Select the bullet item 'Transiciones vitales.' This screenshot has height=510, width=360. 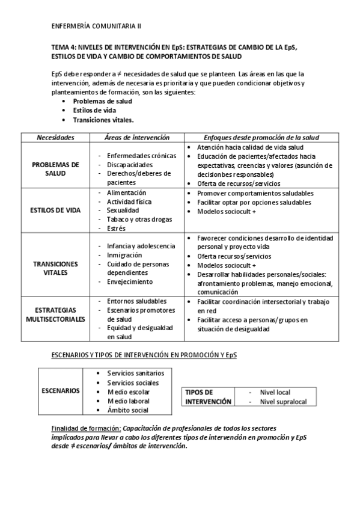[x=103, y=120]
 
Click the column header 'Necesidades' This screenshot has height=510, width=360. [x=55, y=137]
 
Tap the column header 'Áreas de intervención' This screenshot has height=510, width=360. [x=136, y=137]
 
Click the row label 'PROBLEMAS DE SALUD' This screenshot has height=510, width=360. [x=55, y=168]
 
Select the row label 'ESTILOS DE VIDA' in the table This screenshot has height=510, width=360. [x=55, y=210]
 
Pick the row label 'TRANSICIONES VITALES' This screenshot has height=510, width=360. [x=55, y=268]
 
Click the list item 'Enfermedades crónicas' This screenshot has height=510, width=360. [x=141, y=156]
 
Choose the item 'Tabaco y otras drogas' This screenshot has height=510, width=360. [x=140, y=220]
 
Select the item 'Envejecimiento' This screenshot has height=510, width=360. [x=130, y=281]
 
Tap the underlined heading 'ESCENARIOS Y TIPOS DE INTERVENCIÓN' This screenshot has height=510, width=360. [x=144, y=355]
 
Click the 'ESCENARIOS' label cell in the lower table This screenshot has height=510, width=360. [x=60, y=391]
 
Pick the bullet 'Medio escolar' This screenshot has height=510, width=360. [x=129, y=392]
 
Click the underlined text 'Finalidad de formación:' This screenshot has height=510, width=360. [x=86, y=428]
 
